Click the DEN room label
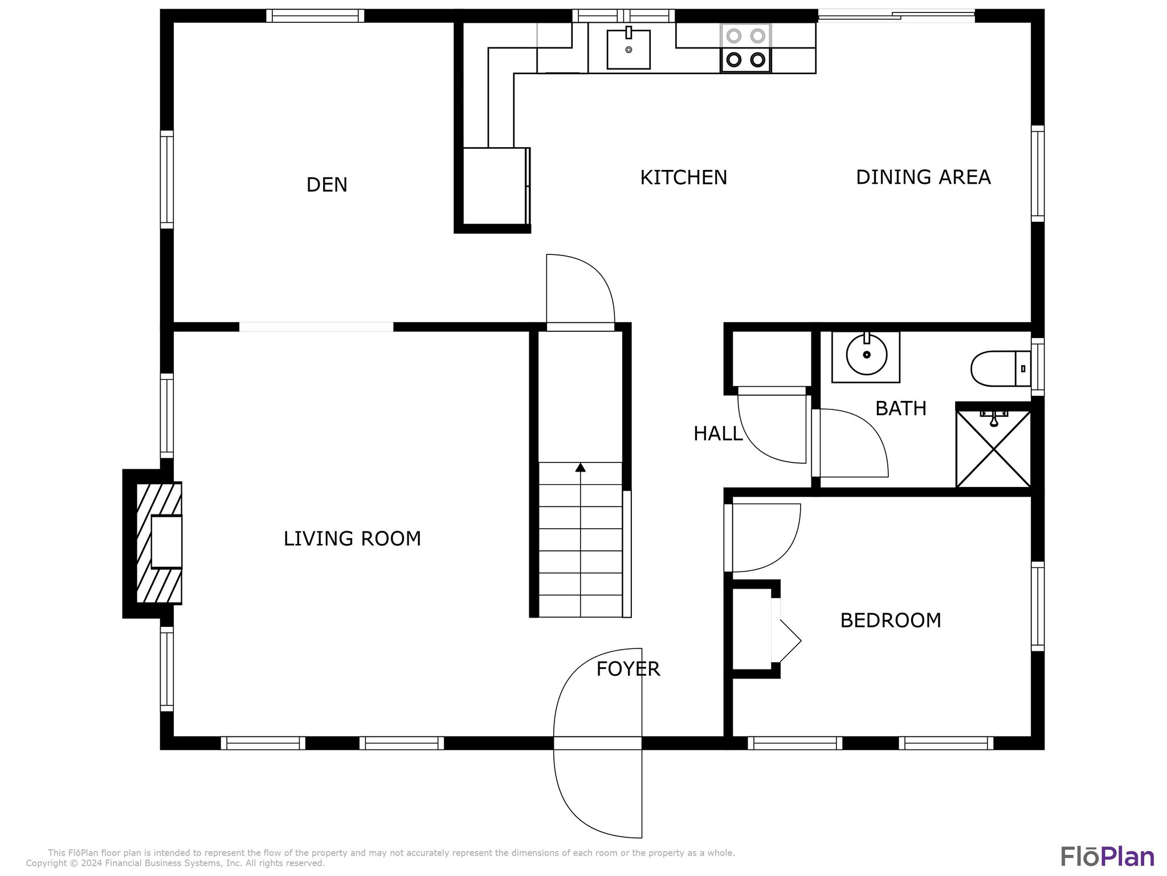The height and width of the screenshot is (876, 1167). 327,185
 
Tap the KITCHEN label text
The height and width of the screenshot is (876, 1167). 683,178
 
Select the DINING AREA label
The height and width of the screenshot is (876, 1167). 923,177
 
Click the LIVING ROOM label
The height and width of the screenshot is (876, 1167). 352,539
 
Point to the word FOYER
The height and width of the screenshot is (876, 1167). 628,669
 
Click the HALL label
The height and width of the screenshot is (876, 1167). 718,434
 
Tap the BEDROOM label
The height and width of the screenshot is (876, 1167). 891,620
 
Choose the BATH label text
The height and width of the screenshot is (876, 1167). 900,409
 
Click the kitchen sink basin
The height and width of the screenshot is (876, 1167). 629,50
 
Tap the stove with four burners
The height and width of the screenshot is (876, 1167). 745,48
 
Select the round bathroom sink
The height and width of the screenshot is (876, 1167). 866,355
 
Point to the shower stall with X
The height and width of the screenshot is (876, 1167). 993,449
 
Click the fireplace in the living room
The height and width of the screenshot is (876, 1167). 159,543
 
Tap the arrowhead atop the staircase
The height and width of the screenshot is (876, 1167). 580,468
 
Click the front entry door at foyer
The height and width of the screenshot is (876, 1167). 597,743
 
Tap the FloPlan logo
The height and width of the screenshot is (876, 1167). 1107,857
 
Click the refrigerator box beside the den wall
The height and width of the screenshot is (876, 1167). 495,186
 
